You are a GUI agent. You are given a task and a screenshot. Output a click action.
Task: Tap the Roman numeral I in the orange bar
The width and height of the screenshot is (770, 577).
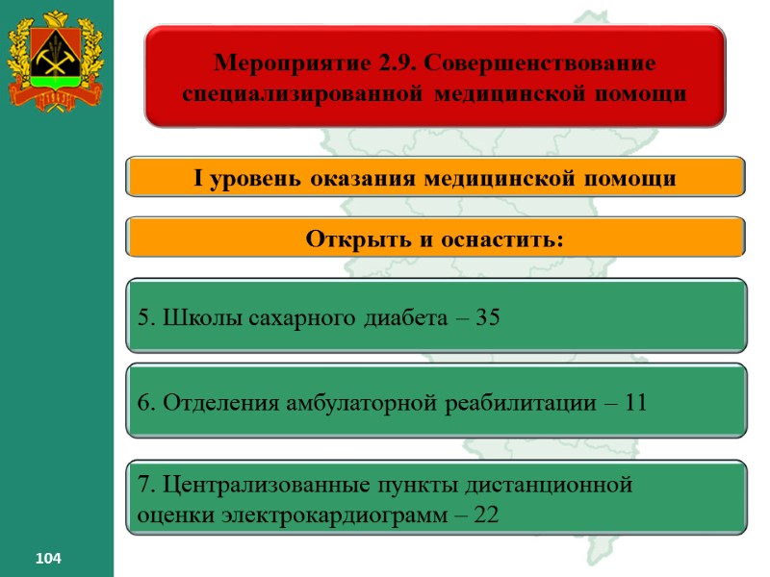tap(198, 178)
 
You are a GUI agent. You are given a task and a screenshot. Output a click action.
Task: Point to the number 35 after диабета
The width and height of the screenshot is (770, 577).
tap(488, 317)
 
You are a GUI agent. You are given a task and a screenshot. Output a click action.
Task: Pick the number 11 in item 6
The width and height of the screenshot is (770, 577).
tap(635, 403)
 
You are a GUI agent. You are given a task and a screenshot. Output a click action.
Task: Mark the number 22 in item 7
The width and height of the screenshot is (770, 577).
tap(486, 514)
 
